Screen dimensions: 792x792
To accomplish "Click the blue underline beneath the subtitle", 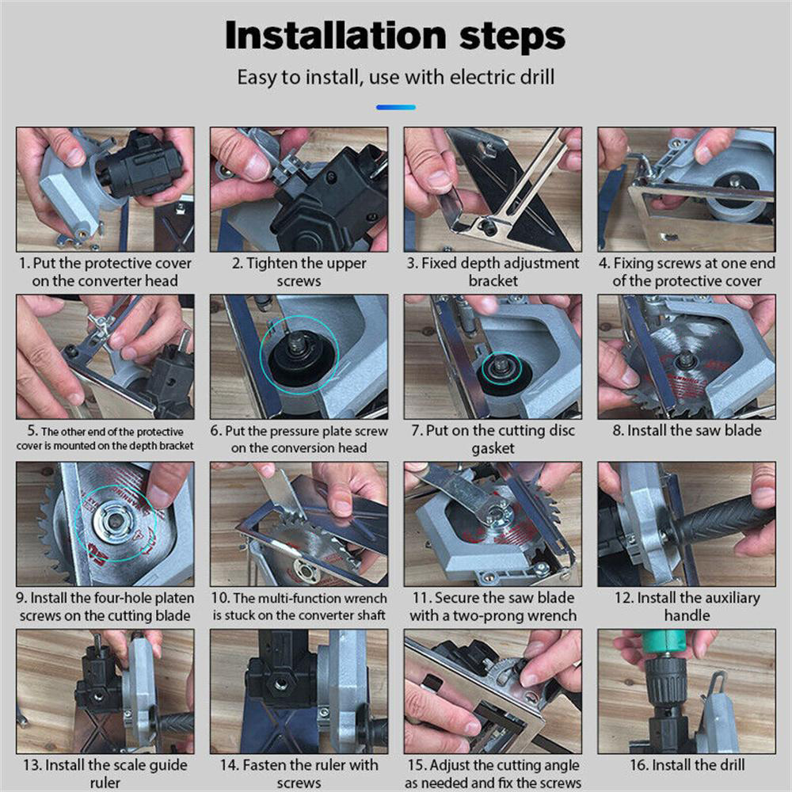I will [395, 107].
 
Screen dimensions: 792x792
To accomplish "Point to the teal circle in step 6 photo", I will [299, 351].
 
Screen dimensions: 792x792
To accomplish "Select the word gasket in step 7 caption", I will [492, 448].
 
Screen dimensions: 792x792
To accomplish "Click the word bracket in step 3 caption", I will [493, 280].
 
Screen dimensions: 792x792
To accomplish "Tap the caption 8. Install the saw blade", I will [687, 431].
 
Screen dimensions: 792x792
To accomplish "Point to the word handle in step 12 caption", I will [686, 615].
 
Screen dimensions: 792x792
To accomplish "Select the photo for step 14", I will [299, 691].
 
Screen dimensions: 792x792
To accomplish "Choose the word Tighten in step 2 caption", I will [272, 263].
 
